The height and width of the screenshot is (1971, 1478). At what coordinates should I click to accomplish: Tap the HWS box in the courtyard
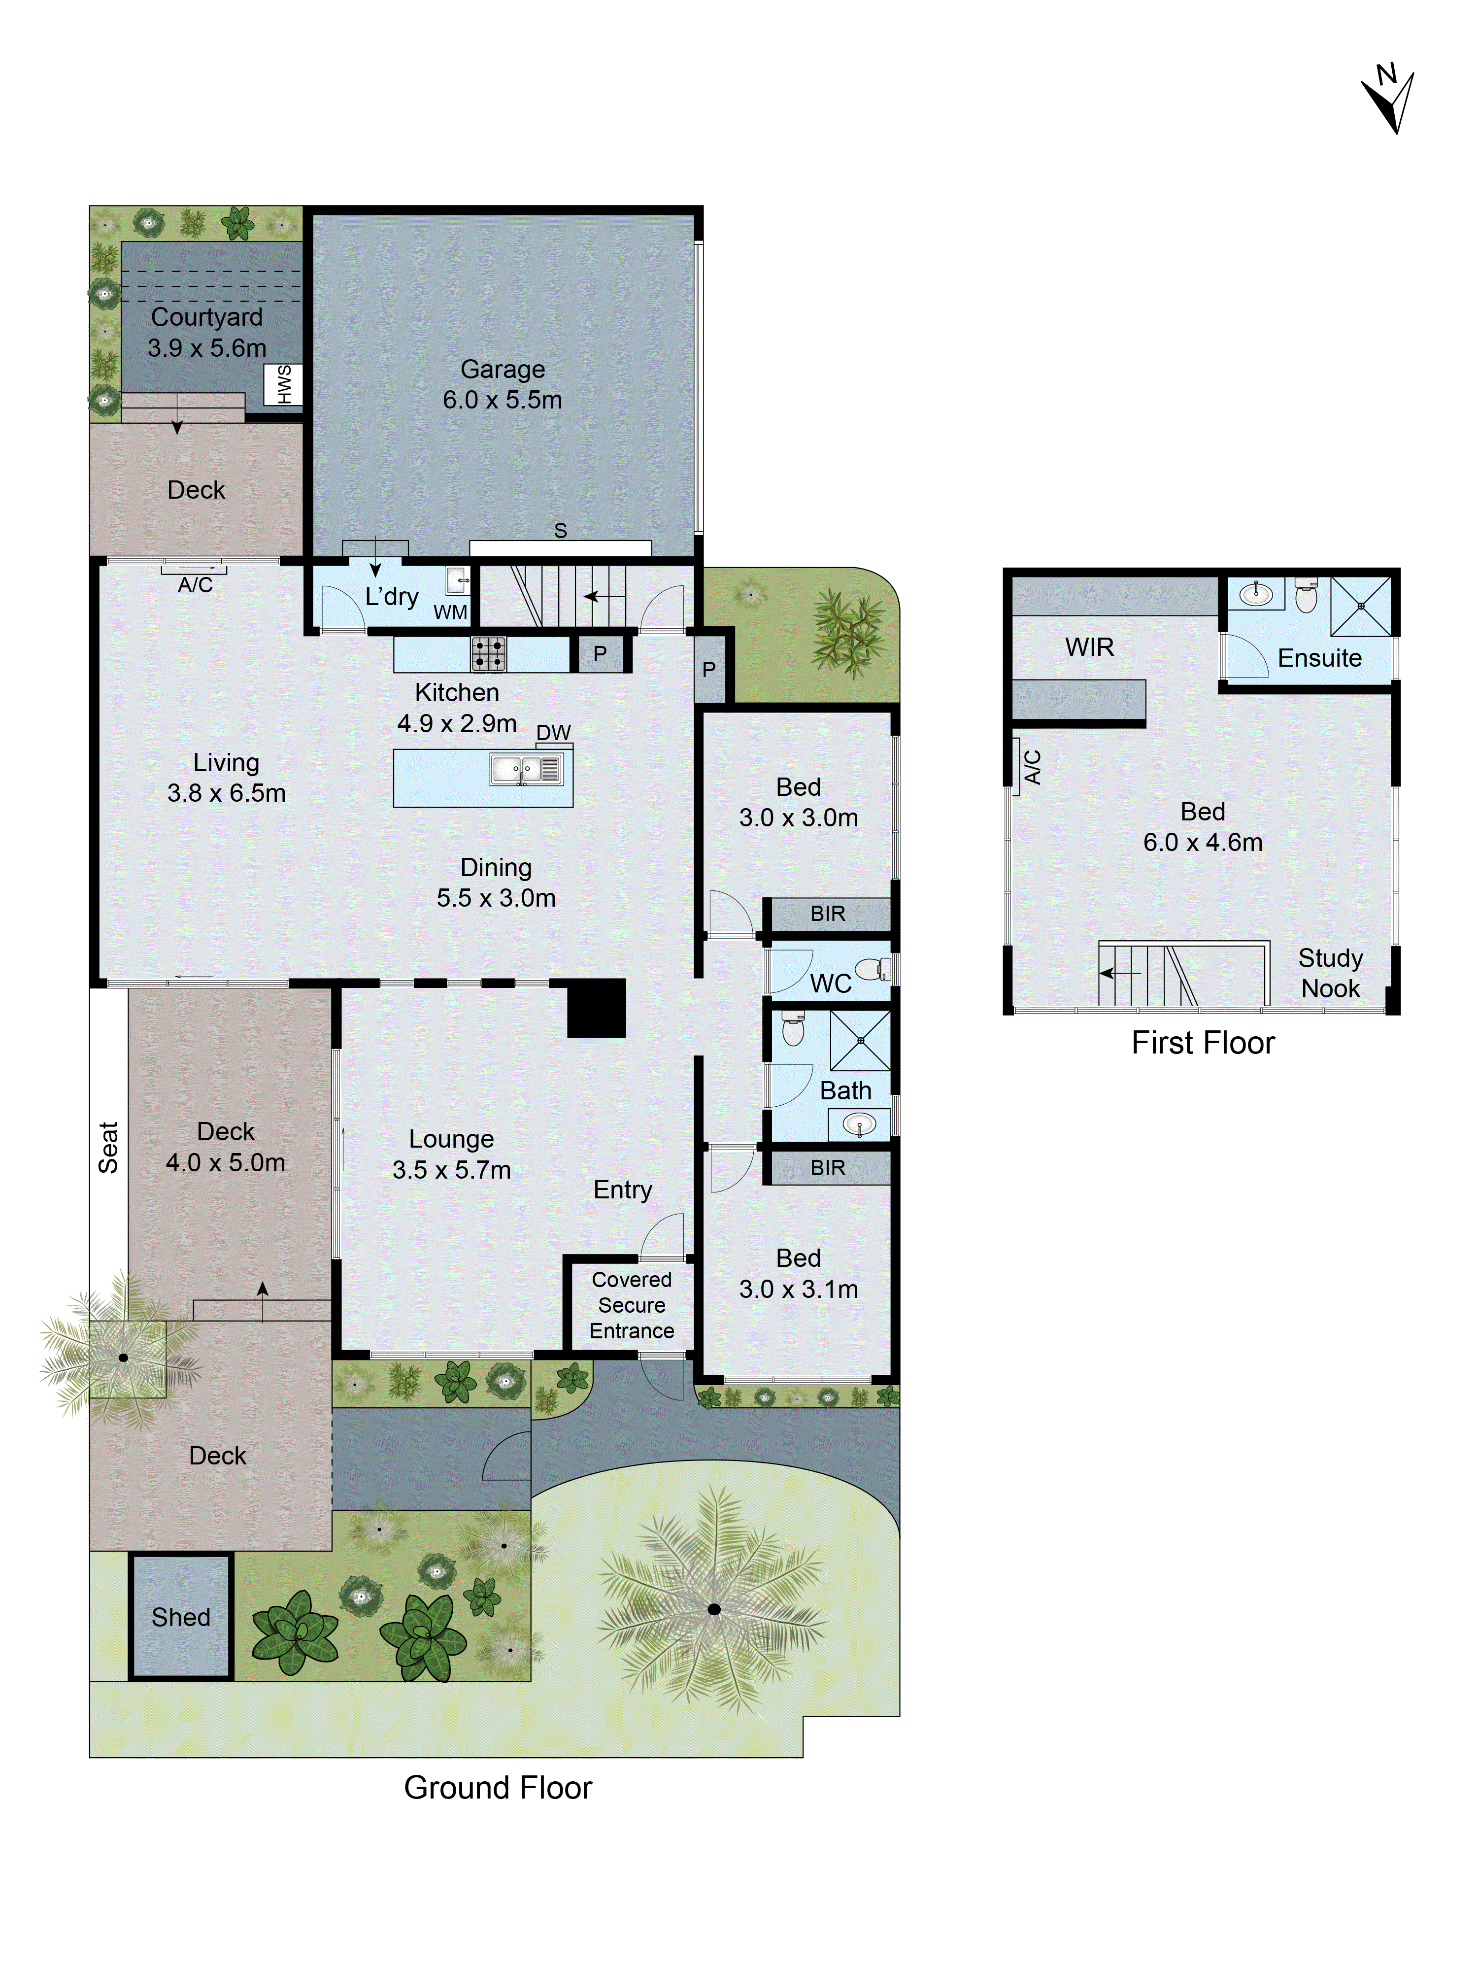coord(283,385)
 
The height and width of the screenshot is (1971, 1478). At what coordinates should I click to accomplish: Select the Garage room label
coord(503,369)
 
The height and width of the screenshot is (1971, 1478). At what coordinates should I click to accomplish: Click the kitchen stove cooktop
coord(488,654)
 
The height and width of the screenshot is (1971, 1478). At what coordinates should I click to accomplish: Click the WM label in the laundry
coord(450,612)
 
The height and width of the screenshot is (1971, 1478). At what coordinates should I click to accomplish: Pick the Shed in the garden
coord(181,1617)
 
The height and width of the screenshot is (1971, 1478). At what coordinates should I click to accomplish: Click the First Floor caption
coord(1203,1043)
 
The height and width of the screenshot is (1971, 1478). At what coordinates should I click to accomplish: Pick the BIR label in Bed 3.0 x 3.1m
coord(828,1167)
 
